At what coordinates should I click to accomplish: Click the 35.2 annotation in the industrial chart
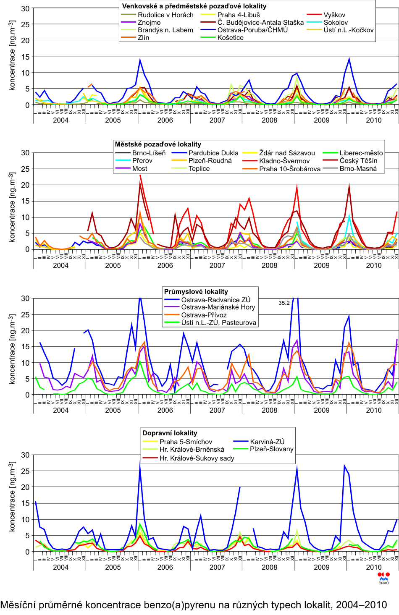pos(284,303)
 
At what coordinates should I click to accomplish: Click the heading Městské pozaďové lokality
pos(158,144)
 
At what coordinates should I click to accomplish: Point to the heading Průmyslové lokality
pos(196,291)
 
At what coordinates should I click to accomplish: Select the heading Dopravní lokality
pos(170,433)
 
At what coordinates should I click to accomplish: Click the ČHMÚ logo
pos(383,578)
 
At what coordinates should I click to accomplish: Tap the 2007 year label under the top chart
pos(217,120)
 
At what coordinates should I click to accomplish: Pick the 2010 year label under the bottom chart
pos(374,567)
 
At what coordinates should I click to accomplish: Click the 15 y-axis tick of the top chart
pos(25,57)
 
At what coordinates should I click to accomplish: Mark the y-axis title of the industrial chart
pos(12,348)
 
